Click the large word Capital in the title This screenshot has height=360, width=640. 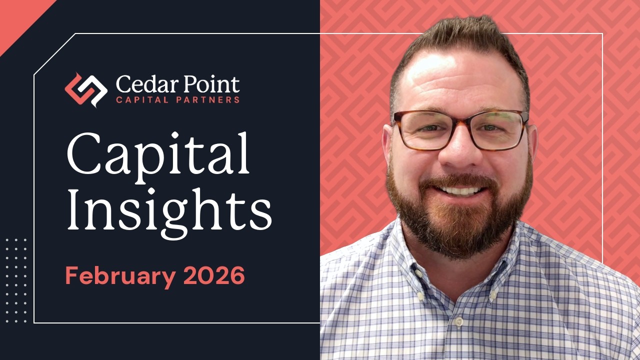pos(158,155)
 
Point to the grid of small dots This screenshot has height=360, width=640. pos(16,280)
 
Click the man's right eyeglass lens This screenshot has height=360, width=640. pos(499,129)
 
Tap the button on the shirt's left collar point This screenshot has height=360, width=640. pos(421,296)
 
